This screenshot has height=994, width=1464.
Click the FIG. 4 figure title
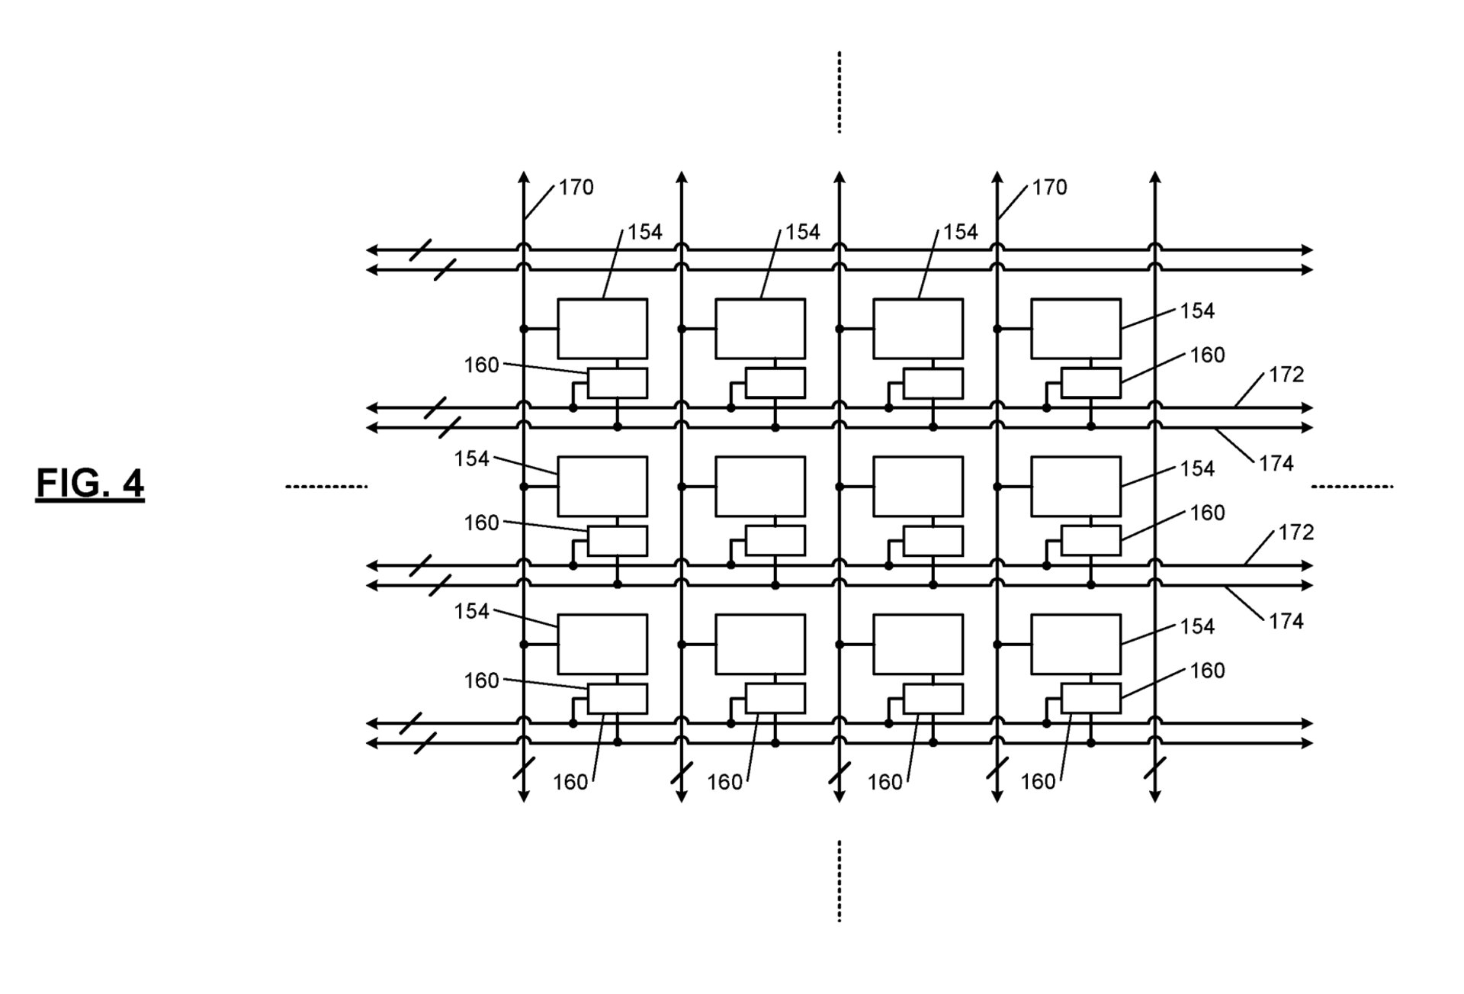click(90, 484)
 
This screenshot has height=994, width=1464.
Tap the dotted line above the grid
click(840, 92)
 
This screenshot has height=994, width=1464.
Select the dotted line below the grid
click(840, 881)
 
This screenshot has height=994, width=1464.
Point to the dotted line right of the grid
click(1352, 486)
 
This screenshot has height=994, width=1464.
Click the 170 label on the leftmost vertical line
click(576, 188)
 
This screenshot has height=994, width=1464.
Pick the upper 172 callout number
click(1286, 375)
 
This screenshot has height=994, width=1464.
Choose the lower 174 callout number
click(1286, 622)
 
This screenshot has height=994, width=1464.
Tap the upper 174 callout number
click(1276, 464)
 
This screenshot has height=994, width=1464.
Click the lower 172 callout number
click(1296, 532)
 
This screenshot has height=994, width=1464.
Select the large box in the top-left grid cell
click(602, 329)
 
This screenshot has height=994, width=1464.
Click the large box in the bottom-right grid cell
click(1076, 645)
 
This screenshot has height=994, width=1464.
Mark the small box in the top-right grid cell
click(1091, 383)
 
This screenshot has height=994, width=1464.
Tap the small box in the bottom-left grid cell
click(618, 699)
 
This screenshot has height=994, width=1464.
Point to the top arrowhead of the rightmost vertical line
click(1155, 178)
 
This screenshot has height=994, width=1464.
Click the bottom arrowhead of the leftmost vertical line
click(524, 796)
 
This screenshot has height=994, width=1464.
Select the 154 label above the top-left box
click(645, 232)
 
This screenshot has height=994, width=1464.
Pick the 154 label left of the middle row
click(471, 458)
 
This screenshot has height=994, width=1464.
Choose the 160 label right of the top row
click(1208, 355)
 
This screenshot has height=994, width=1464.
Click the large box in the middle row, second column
click(760, 487)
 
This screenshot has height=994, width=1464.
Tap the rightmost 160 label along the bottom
click(1038, 782)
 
